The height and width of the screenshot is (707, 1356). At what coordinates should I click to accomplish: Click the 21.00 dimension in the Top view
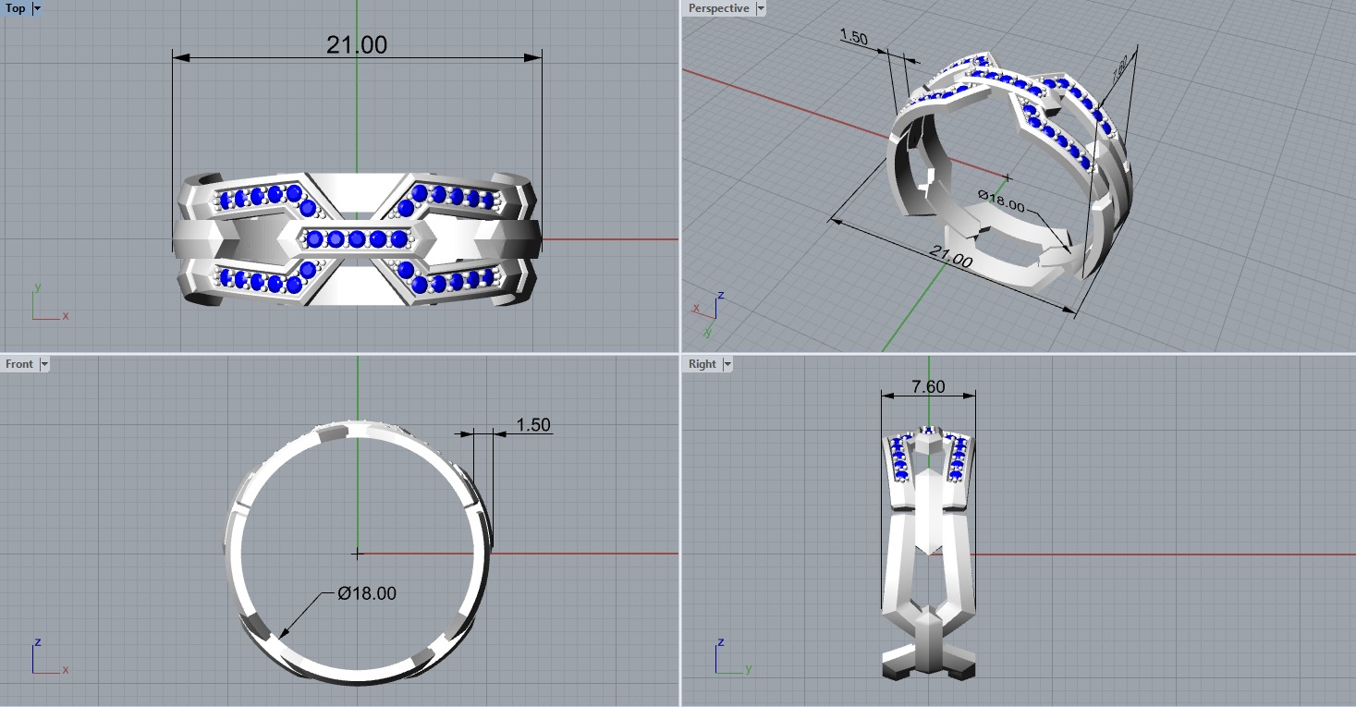[356, 45]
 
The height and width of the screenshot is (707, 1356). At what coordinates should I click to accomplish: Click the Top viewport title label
[16, 8]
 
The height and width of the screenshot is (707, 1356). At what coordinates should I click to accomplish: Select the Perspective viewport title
[718, 8]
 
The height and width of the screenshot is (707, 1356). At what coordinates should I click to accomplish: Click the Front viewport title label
[18, 364]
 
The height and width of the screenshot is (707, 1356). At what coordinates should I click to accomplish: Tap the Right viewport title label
[702, 364]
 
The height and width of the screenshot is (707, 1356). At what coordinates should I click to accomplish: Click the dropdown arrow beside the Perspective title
[761, 8]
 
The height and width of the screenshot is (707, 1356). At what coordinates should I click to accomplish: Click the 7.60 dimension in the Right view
[928, 387]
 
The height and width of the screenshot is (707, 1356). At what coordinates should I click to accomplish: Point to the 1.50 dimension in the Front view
[532, 425]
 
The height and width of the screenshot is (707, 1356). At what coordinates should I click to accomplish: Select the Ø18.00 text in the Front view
[367, 593]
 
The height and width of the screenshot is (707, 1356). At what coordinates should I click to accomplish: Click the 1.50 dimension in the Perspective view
[853, 37]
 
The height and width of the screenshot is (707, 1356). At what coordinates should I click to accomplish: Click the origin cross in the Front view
[357, 554]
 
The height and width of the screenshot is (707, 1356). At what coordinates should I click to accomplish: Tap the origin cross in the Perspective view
[1008, 177]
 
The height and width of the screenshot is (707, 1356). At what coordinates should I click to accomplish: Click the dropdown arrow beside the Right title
[727, 364]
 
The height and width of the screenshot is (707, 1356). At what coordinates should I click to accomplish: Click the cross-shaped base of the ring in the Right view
[929, 656]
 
